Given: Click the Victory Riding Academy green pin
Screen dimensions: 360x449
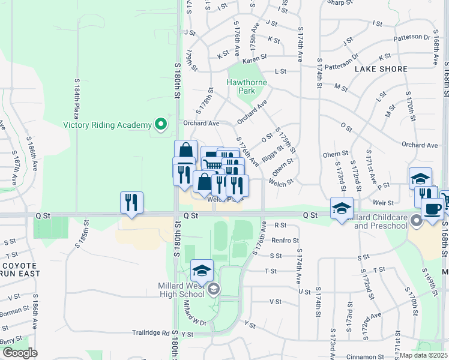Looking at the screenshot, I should click(160, 125).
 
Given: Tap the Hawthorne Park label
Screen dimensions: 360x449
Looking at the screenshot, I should click(241, 86).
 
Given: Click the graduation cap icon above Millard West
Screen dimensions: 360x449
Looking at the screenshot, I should click(202, 271).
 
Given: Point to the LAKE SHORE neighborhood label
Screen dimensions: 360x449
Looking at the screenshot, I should click(381, 69).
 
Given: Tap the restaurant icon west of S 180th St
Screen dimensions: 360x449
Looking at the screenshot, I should click(131, 202).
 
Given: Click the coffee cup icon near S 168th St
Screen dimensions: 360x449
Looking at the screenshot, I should click(432, 209).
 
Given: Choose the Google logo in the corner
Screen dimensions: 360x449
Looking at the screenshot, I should click(20, 353).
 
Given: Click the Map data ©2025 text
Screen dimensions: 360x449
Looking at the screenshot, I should click(424, 355).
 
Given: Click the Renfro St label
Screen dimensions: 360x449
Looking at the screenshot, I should click(285, 240).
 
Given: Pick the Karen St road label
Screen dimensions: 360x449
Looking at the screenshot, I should click(255, 61).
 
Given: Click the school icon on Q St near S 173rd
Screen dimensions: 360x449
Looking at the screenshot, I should click(342, 208).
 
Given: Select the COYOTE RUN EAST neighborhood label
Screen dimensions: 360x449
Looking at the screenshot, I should click(20, 269).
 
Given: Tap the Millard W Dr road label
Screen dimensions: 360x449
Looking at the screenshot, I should click(196, 314).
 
